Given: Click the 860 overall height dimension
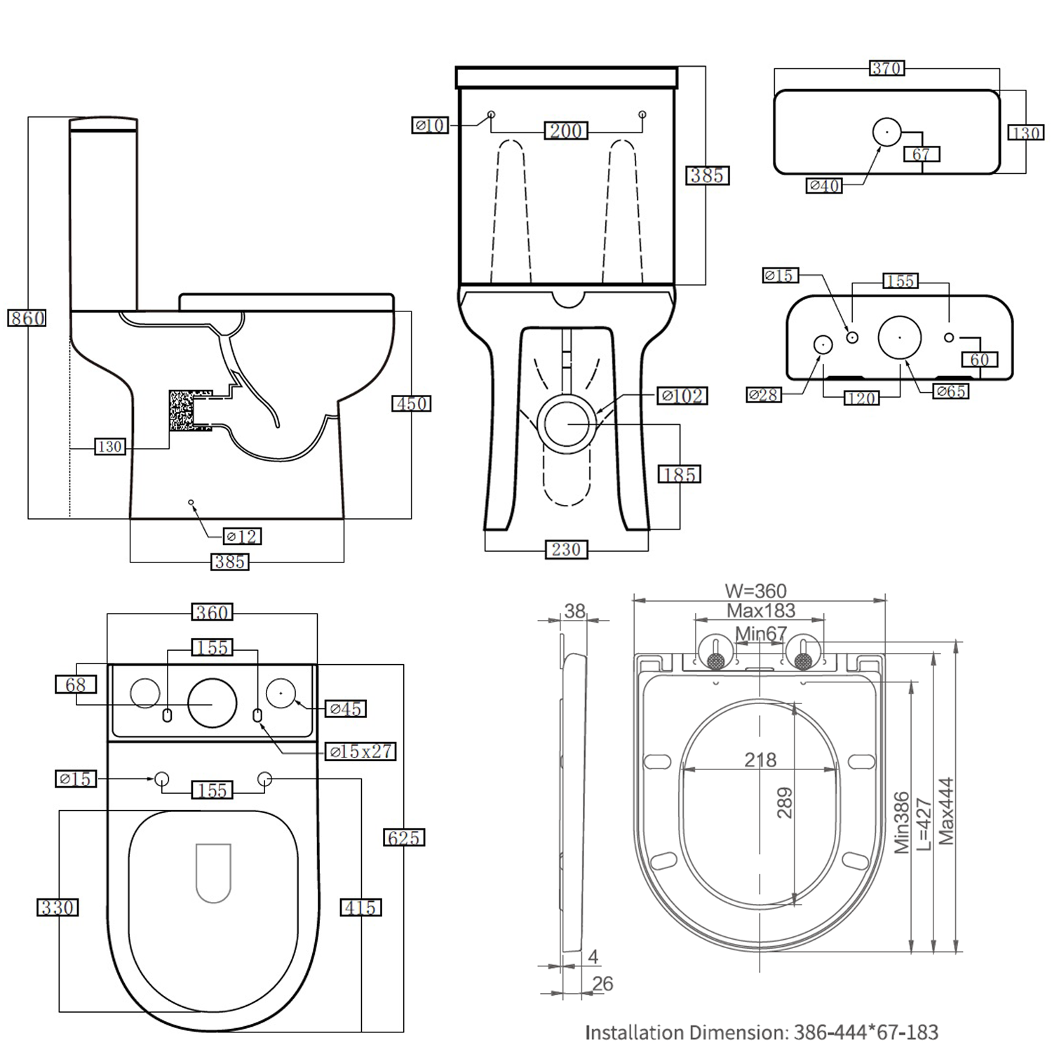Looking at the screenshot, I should (27, 318).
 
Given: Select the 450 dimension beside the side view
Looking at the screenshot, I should (411, 404).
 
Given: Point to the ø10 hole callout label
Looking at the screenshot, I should (430, 126).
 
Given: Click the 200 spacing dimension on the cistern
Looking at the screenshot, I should (566, 131).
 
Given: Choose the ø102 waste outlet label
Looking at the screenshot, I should (682, 396).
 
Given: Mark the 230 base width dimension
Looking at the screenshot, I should (566, 550).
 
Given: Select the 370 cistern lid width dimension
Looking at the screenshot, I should (886, 69).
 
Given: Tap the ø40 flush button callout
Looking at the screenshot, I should (824, 186).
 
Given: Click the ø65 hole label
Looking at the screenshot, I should (951, 391).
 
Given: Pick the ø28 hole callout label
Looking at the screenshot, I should (763, 396).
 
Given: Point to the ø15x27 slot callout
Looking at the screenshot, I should (361, 752).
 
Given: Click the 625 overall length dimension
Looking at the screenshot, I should (404, 837).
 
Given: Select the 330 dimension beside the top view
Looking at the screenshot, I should (58, 908).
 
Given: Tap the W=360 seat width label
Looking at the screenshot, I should (755, 591).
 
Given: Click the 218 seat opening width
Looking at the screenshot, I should (760, 760).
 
